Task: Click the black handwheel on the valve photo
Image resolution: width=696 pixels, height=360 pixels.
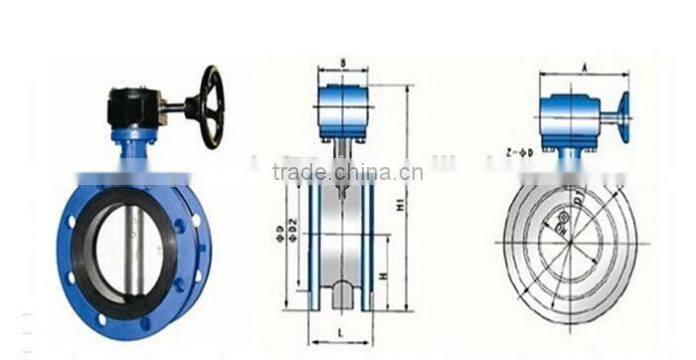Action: click(210, 105)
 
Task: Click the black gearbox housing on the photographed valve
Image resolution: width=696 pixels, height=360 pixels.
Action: click(134, 105)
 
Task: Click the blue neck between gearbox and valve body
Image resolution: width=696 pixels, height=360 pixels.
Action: click(133, 149)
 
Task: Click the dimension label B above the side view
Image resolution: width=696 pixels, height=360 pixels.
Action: click(342, 63)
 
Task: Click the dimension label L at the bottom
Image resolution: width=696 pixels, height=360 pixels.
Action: click(340, 328)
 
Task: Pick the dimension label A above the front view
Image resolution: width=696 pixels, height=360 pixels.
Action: click(583, 67)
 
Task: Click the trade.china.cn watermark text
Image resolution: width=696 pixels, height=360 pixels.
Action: click(347, 172)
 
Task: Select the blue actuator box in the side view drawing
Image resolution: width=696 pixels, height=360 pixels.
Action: click(342, 110)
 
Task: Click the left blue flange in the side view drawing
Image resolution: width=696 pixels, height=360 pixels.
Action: click(314, 244)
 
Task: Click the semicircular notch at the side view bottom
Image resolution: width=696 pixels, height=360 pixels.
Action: click(341, 294)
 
